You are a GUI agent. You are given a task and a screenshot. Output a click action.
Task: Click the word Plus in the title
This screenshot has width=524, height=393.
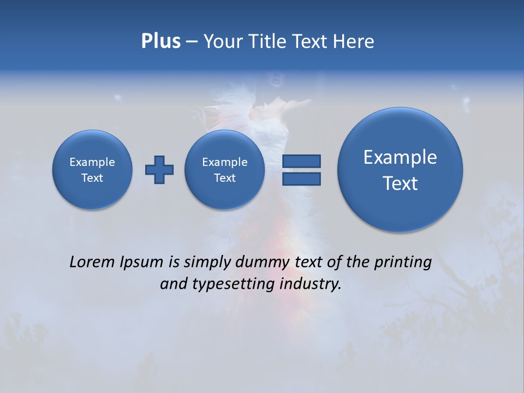(160, 41)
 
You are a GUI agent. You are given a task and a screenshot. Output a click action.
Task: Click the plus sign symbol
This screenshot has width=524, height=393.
(159, 170)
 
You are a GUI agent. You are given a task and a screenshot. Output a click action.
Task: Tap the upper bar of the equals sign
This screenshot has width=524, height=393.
(301, 161)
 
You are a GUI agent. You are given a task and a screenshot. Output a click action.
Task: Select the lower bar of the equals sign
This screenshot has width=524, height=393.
(301, 178)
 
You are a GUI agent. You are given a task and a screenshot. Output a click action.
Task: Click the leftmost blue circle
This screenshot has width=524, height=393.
(92, 169)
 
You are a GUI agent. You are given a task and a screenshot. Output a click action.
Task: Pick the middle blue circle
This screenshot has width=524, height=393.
(225, 169)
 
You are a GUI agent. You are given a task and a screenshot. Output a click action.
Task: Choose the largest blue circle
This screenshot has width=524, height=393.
(400, 169)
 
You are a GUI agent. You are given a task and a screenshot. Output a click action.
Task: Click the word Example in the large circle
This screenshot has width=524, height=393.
(400, 157)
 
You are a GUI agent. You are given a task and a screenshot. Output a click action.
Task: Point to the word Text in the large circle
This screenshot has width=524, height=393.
(400, 183)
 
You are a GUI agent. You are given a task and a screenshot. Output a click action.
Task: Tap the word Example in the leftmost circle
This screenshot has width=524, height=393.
(92, 162)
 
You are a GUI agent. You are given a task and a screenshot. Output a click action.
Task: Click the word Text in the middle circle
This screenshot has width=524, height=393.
(225, 178)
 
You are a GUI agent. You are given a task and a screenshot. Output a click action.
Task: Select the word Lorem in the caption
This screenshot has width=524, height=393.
(92, 262)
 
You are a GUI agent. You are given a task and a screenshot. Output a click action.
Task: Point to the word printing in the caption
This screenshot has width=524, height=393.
(403, 263)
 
